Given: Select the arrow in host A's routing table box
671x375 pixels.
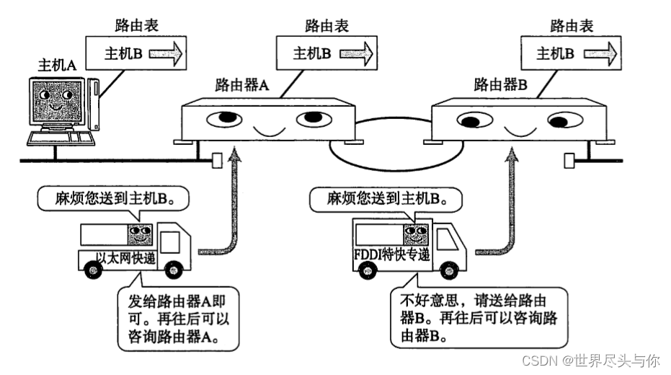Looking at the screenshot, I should coord(164,53).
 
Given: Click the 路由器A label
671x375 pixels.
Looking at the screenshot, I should coord(242,84).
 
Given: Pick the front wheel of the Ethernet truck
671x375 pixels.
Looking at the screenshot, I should coord(172,270).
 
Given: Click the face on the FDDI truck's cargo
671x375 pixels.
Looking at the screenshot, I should coord(414,234).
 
